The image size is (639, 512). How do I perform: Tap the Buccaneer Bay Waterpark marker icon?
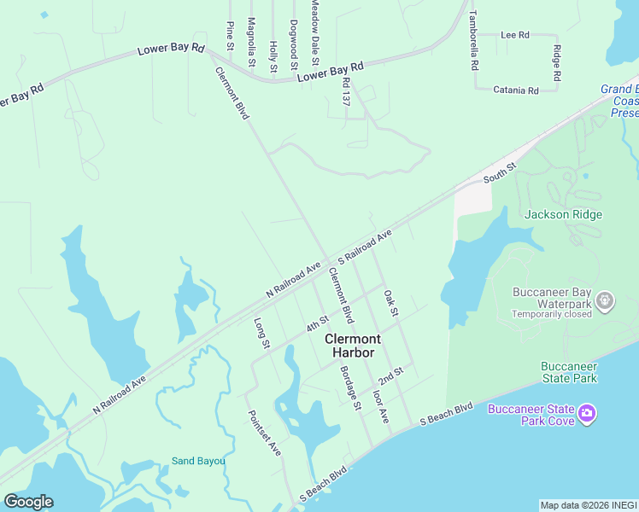606,300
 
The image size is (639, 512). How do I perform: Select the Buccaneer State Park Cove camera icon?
587,414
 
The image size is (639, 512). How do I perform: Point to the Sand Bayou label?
198,461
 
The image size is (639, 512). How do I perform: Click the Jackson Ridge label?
563,215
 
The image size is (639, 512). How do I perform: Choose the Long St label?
261,334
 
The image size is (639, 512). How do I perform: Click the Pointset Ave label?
264,432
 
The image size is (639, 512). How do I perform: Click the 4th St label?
318,325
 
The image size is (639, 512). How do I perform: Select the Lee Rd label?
515,35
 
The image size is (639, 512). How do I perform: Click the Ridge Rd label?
556,63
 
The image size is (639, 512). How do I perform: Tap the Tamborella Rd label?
473,43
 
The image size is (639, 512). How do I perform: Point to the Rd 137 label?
346,92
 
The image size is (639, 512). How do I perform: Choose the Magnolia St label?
251,42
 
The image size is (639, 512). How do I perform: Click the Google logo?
28,502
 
